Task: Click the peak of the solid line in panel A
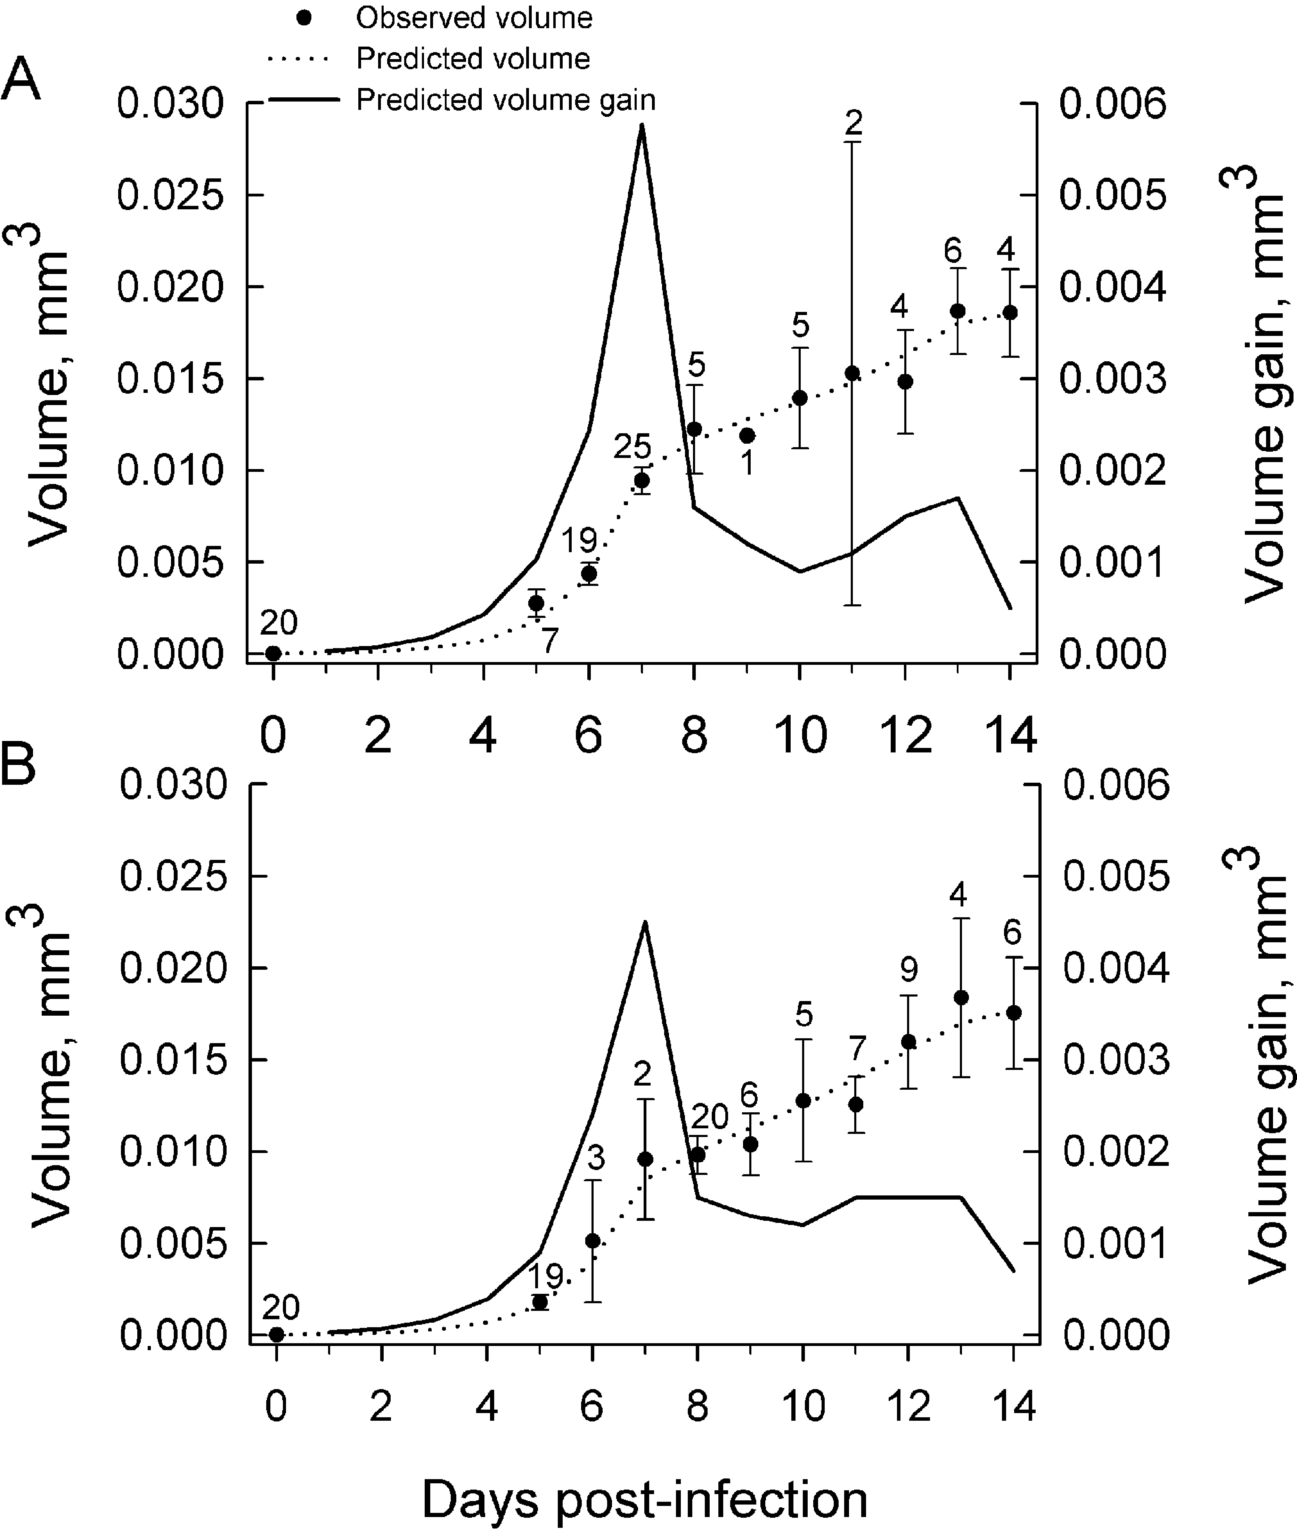(642, 125)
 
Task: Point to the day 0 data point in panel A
(273, 653)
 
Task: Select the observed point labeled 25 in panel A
(642, 481)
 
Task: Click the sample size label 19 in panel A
(579, 541)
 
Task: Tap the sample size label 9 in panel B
(909, 970)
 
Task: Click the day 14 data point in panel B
(1014, 1013)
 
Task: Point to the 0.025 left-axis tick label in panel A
(170, 196)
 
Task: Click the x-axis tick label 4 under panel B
(487, 1406)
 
